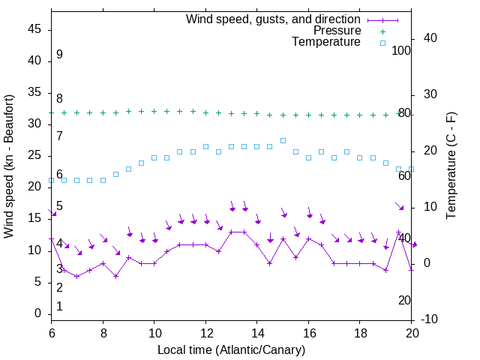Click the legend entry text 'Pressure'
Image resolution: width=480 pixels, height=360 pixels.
point(337,31)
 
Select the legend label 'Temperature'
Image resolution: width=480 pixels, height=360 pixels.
point(326,43)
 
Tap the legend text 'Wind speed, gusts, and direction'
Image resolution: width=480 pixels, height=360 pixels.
point(274,19)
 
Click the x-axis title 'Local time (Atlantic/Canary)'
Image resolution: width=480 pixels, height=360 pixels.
point(231,350)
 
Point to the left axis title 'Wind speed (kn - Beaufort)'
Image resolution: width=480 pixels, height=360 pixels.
point(9,166)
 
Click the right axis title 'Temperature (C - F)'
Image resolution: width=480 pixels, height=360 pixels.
point(451,166)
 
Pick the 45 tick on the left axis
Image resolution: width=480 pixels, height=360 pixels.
point(34,29)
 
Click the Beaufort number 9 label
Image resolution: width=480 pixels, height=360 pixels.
point(59,55)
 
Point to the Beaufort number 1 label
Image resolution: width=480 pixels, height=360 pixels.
point(59,307)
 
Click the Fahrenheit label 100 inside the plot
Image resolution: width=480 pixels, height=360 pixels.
point(402,50)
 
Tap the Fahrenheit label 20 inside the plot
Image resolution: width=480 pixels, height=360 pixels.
point(404,300)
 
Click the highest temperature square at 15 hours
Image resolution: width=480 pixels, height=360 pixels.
point(283,140)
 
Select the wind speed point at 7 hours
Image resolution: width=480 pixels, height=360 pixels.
point(77,276)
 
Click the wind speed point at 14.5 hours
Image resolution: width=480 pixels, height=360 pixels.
point(270,263)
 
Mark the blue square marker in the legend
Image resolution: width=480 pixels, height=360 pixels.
point(382,43)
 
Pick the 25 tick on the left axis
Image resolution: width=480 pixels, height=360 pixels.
point(34,155)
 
